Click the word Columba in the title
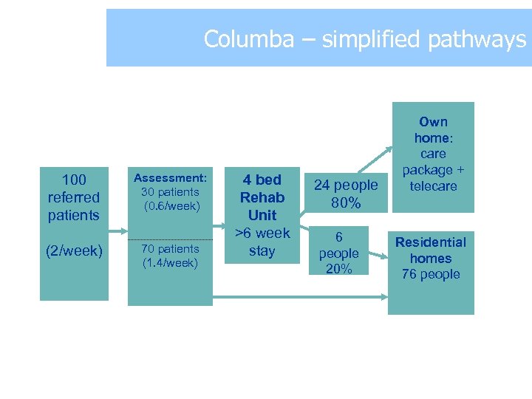248,38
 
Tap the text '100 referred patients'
73,197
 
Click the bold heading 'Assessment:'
170,178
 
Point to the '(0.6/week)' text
171,206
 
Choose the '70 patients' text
171,249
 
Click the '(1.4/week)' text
171,262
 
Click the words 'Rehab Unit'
262,206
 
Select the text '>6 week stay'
262,242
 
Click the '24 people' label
346,185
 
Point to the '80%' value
346,202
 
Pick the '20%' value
338,269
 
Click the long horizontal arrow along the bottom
296,298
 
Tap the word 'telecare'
434,186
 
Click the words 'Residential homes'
431,250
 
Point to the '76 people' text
431,274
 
